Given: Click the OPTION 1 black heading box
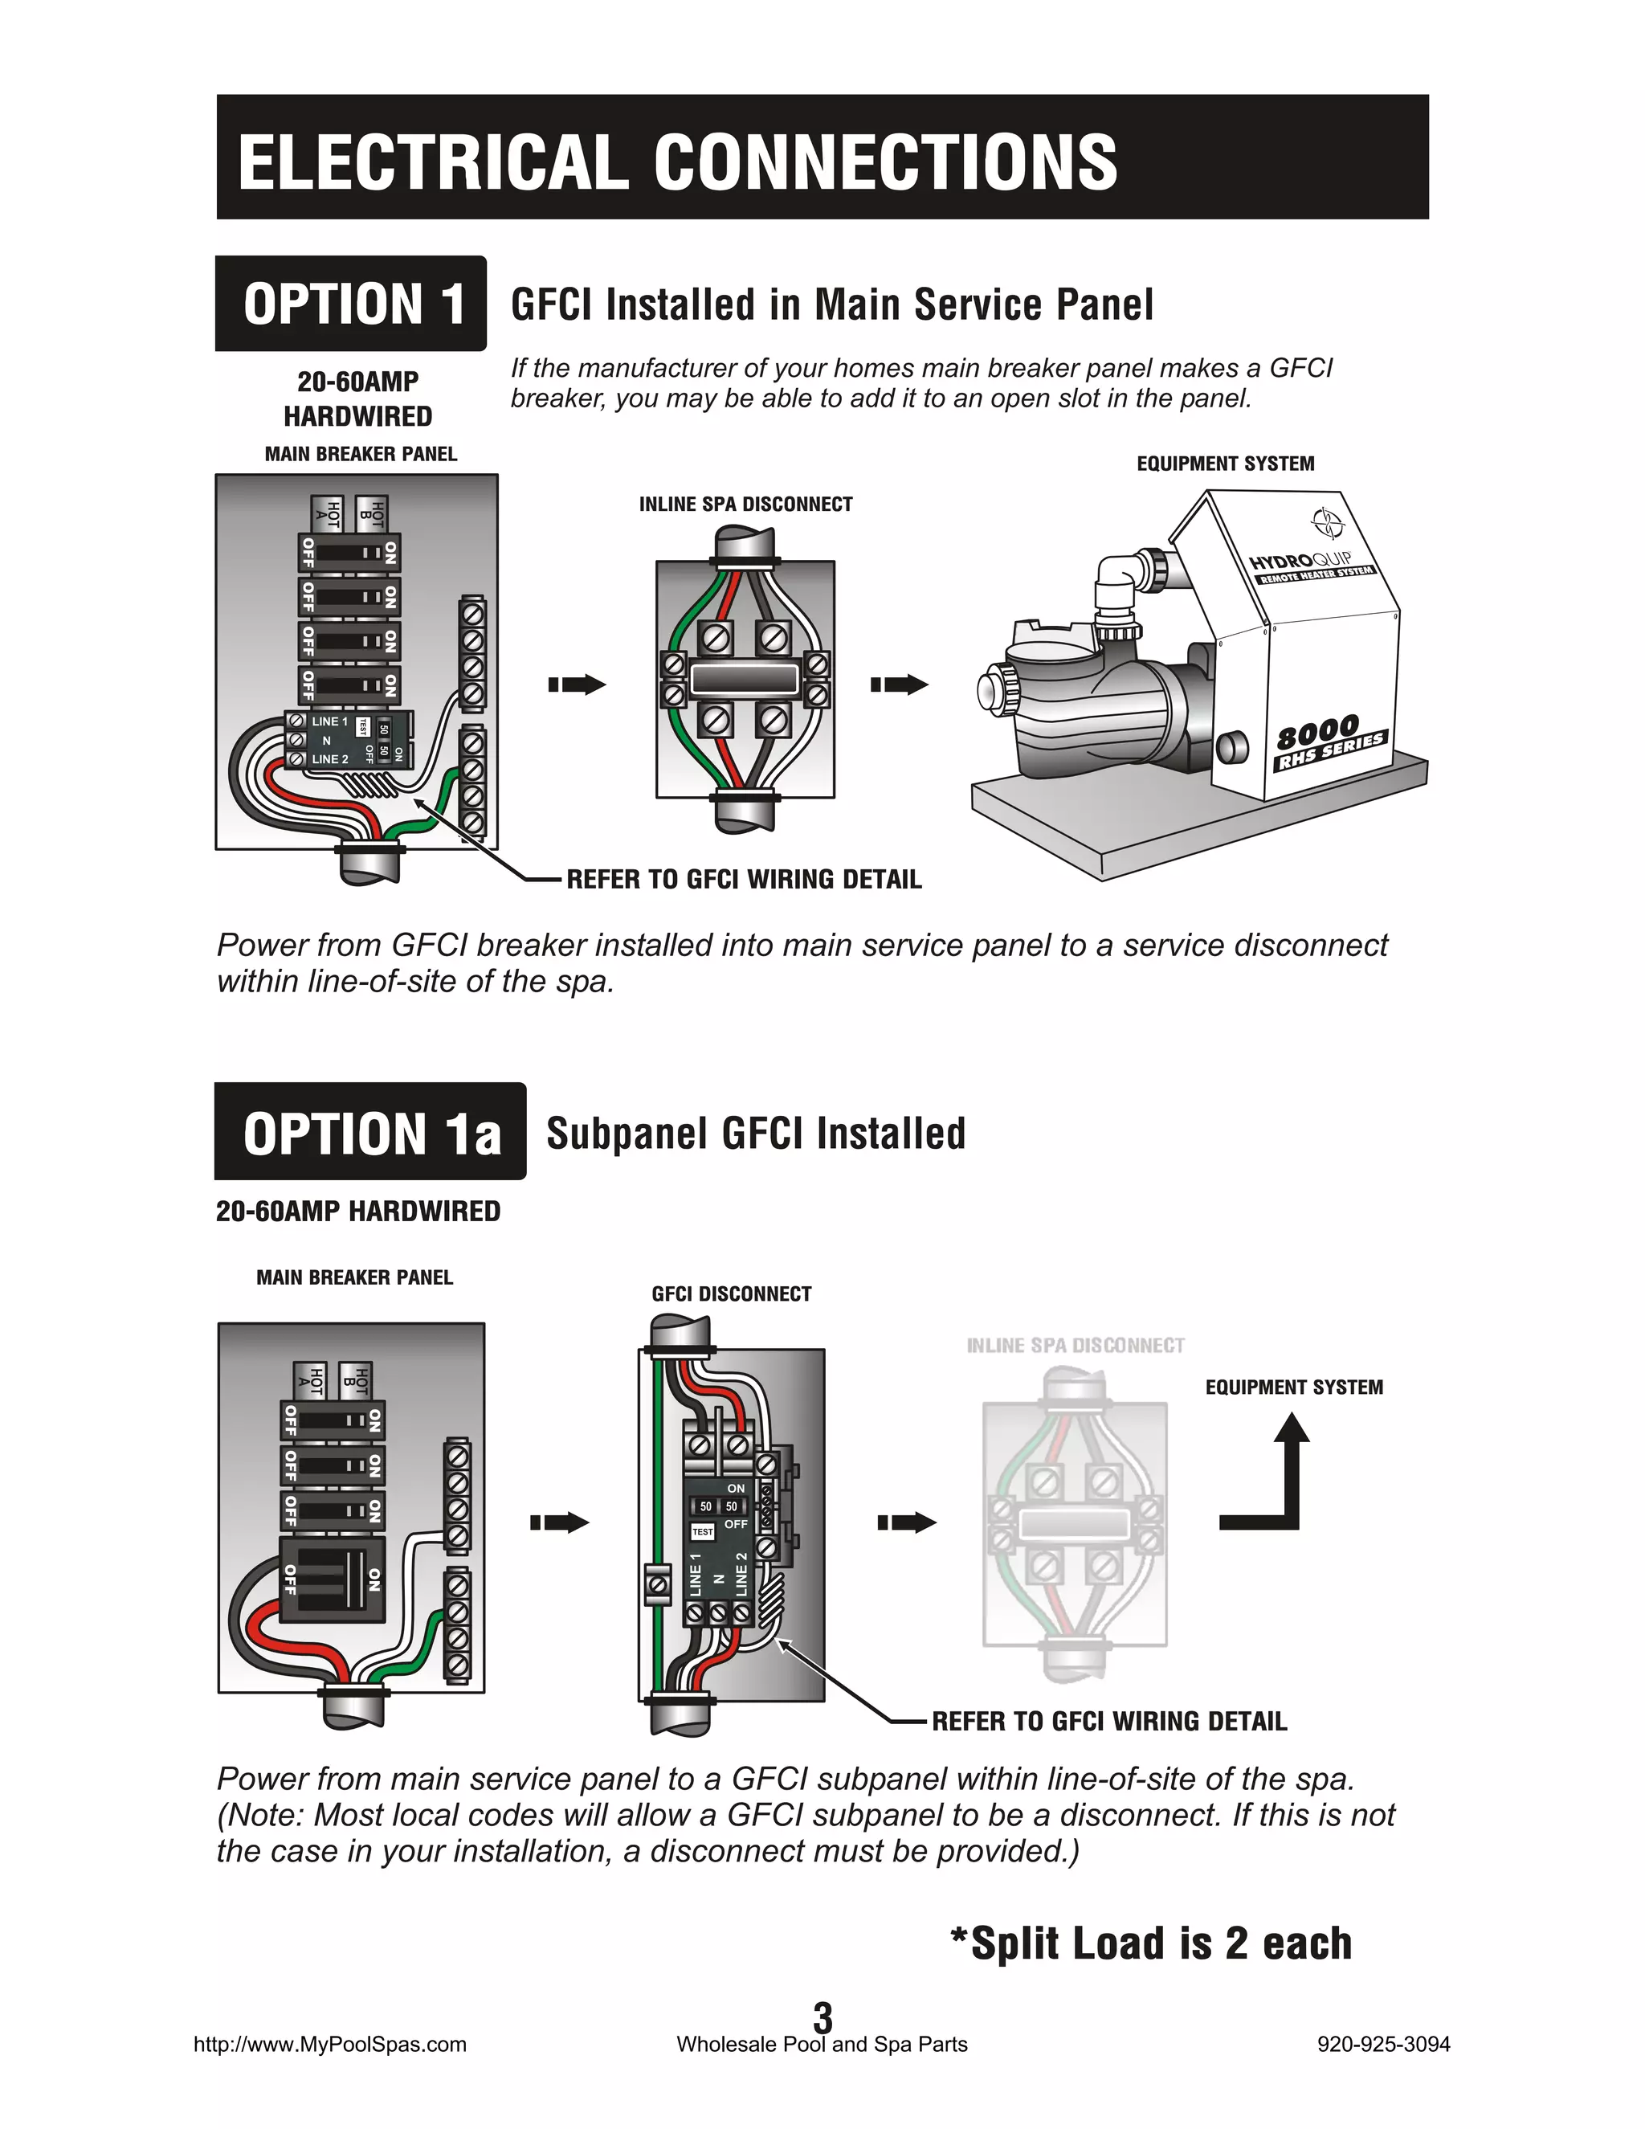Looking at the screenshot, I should (351, 303).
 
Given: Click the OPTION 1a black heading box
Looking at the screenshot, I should (370, 1133).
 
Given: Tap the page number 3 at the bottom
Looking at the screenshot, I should (822, 2015).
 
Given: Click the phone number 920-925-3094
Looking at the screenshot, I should (1383, 2044).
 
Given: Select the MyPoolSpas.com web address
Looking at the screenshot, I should (330, 2044).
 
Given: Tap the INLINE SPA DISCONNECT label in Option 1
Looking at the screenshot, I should (745, 504).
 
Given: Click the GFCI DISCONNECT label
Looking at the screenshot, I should (731, 1293).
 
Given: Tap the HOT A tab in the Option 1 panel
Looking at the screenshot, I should (329, 513).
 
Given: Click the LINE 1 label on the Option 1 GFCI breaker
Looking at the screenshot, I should (329, 721).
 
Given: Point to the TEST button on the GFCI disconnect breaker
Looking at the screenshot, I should (703, 1532).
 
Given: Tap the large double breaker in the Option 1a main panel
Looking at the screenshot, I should (332, 1580).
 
